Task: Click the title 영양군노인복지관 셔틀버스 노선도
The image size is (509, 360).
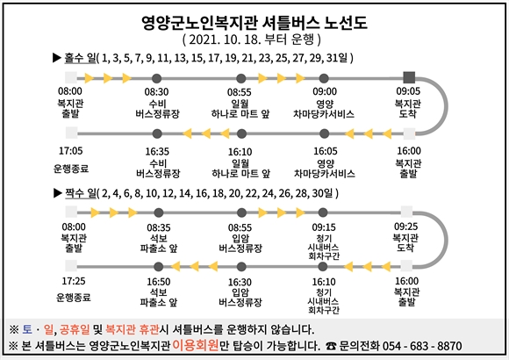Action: click(x=254, y=23)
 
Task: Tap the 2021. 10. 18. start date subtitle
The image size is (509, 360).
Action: click(x=252, y=40)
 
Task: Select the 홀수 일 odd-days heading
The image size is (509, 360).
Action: click(x=80, y=58)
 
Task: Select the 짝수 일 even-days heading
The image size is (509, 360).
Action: click(x=81, y=193)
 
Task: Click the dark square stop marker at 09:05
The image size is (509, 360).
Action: click(x=409, y=77)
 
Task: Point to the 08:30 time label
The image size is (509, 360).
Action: click(x=156, y=92)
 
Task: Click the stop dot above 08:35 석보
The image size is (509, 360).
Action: click(x=159, y=212)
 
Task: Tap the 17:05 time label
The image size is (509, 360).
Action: click(x=71, y=151)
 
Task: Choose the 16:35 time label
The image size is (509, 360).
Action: click(x=157, y=152)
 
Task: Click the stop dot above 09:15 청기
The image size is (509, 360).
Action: click(x=323, y=212)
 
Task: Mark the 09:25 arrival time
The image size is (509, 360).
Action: click(x=405, y=227)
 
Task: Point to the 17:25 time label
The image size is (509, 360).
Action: click(x=74, y=281)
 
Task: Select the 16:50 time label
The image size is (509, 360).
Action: click(x=159, y=282)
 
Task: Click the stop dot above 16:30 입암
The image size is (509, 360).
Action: click(x=241, y=267)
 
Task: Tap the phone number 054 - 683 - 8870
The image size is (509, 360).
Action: click(x=422, y=346)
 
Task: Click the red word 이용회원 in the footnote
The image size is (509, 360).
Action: click(x=196, y=345)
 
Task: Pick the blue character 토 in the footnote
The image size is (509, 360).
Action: click(x=27, y=330)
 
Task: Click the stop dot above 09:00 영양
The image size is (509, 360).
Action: click(x=324, y=78)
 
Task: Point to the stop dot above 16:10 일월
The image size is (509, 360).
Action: click(x=241, y=133)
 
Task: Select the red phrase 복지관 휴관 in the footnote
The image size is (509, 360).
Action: click(x=133, y=330)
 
